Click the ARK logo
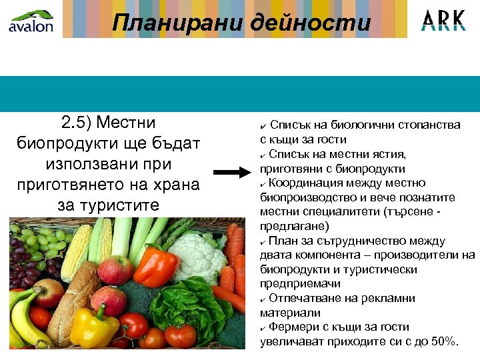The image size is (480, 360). pos(443,19)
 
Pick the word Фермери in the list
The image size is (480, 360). pos(293,327)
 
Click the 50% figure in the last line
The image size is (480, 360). pos(443,342)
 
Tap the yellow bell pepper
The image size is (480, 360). pos(93,327)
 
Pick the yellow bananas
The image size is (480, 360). pos(23,320)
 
